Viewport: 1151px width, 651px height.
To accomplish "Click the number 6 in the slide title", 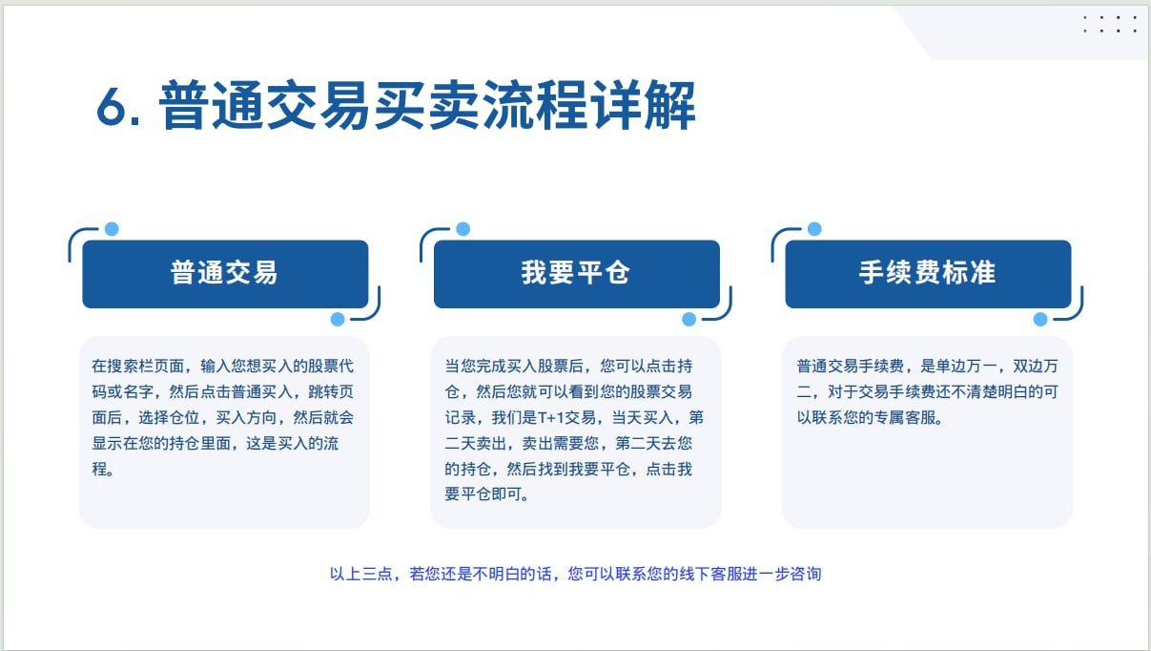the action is [111, 107].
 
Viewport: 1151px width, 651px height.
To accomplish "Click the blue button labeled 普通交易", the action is [225, 274].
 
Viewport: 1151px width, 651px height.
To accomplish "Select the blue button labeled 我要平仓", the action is [577, 274].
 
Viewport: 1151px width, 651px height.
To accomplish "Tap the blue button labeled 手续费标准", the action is [928, 274].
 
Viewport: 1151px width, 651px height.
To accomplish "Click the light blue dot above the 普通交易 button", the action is [112, 229].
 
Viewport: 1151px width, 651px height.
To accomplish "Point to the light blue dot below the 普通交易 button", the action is [338, 320].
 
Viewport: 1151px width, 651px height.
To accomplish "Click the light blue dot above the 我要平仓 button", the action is [462, 229].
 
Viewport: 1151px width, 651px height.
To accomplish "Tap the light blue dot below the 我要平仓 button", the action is [689, 320].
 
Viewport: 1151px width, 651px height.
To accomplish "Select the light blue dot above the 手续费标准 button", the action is [814, 229].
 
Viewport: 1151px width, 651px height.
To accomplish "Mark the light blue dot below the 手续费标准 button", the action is [1040, 320].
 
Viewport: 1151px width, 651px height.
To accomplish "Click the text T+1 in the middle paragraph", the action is [551, 417].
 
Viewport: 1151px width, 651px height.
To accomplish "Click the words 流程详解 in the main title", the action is [589, 106].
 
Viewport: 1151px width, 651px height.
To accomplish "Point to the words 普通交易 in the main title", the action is [265, 106].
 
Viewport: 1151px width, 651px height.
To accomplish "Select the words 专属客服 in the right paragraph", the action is [905, 417].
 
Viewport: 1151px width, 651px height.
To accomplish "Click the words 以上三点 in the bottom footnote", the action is [360, 574].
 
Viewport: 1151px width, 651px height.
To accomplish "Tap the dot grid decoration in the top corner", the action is [1110, 24].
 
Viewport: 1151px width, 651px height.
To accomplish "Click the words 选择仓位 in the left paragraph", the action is [169, 417].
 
